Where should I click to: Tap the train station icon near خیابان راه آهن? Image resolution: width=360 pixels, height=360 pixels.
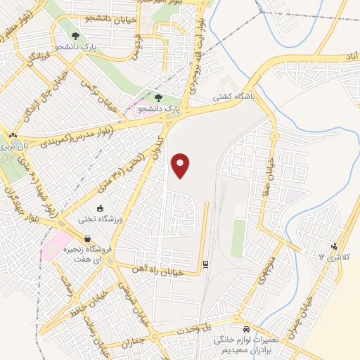pos(205,265)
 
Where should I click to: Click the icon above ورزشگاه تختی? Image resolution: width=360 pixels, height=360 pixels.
pos(100,209)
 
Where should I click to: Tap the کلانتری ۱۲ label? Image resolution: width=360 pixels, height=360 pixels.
pos(333,257)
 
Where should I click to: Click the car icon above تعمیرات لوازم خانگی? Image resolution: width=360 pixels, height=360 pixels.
pos(245,329)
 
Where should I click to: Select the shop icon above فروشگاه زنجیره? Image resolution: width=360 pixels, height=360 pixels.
pos(86,237)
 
